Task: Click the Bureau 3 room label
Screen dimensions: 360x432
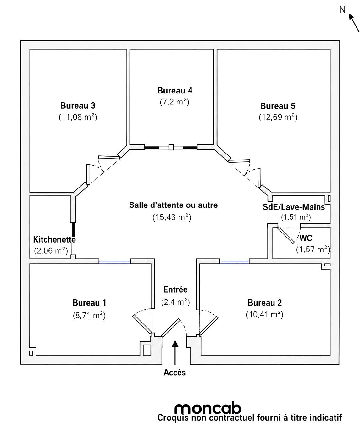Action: pyautogui.click(x=78, y=105)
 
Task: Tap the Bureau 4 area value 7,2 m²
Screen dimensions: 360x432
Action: pyautogui.click(x=174, y=102)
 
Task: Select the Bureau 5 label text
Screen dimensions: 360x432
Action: pyautogui.click(x=278, y=106)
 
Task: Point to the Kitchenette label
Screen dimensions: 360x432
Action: pyautogui.click(x=54, y=239)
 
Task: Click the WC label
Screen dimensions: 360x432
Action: pyautogui.click(x=306, y=238)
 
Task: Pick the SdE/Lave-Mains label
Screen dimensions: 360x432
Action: pyautogui.click(x=294, y=207)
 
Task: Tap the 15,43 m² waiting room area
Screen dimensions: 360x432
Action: pyautogui.click(x=172, y=217)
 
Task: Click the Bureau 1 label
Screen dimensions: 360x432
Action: pyautogui.click(x=89, y=302)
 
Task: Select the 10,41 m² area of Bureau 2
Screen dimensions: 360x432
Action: pyautogui.click(x=264, y=315)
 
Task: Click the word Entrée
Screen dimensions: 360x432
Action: pyautogui.click(x=175, y=289)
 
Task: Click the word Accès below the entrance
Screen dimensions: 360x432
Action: pyautogui.click(x=174, y=373)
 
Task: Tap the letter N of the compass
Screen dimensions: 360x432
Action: pyautogui.click(x=342, y=9)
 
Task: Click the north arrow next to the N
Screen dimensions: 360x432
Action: pyautogui.click(x=354, y=23)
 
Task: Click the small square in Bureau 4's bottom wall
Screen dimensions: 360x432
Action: pyautogui.click(x=171, y=147)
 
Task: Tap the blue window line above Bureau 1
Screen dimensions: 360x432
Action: pyautogui.click(x=114, y=262)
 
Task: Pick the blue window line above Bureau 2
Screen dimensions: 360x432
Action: pyautogui.click(x=234, y=262)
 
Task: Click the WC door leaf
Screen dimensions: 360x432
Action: pyautogui.click(x=286, y=235)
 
